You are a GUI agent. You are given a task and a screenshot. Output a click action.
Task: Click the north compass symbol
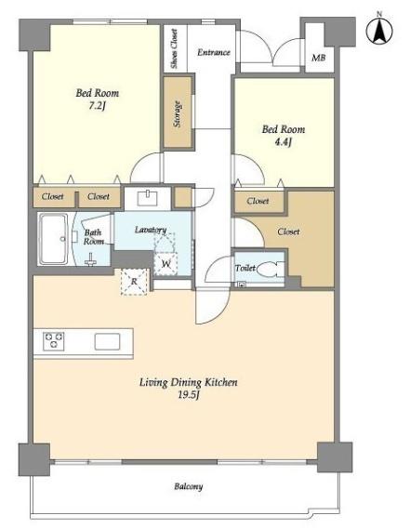(379, 30)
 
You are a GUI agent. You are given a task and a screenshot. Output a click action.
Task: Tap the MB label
(319, 58)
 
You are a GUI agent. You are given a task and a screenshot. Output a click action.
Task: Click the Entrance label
(214, 52)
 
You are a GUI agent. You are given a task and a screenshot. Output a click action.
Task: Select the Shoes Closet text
(174, 48)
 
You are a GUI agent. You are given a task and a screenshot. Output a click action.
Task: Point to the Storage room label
(178, 114)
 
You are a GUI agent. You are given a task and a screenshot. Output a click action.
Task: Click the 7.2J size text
(98, 106)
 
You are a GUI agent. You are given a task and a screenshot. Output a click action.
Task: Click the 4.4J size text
(283, 142)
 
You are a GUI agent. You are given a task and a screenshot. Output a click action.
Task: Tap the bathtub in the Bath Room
(53, 239)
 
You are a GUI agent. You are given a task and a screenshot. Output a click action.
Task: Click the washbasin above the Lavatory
(148, 198)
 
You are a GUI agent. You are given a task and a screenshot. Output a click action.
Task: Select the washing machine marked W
(166, 263)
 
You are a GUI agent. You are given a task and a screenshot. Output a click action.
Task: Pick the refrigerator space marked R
(134, 282)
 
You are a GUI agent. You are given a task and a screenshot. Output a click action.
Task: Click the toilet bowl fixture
(271, 269)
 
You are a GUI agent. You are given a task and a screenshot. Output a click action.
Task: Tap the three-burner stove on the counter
(54, 341)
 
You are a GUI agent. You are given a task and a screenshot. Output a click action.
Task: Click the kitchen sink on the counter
(107, 341)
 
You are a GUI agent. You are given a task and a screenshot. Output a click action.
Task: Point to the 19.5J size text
(189, 395)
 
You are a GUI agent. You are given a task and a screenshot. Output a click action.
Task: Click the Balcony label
(189, 486)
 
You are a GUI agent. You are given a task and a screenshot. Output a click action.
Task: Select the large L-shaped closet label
(288, 231)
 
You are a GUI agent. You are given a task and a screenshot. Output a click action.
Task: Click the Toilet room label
(245, 268)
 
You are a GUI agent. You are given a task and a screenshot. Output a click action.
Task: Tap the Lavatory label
(151, 230)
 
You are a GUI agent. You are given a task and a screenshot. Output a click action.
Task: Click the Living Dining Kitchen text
(189, 382)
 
